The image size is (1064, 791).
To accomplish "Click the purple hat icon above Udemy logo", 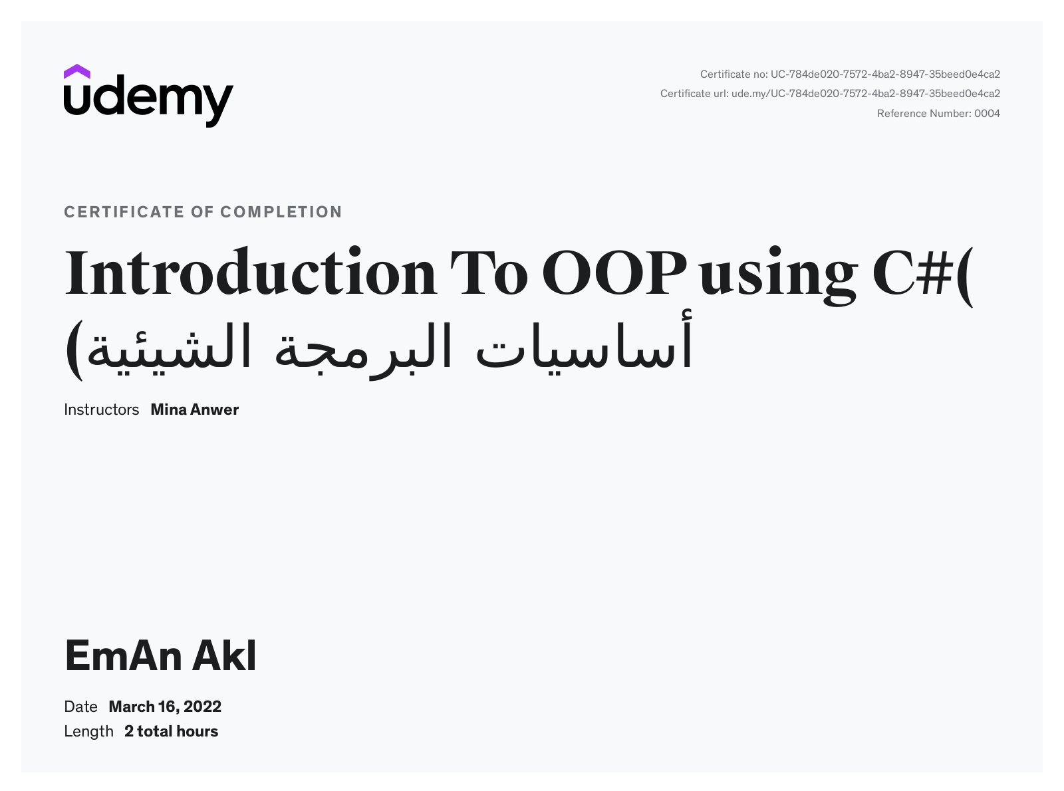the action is (x=76, y=72).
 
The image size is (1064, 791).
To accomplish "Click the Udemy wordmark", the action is (x=148, y=101).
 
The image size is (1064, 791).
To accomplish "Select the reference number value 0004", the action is (x=987, y=114).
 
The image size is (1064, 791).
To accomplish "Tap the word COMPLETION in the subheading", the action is (x=281, y=212).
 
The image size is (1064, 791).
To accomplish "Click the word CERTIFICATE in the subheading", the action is (x=124, y=212).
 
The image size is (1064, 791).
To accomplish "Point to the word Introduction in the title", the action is (x=251, y=272).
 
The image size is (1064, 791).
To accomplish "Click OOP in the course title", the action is (x=614, y=273).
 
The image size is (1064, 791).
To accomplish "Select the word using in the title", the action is (x=778, y=276).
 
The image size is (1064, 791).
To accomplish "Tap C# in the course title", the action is (x=912, y=273).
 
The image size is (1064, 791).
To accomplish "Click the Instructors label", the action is (x=101, y=409).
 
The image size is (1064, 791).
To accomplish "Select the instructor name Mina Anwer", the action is (x=194, y=409).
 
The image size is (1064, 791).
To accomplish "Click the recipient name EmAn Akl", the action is (x=160, y=655).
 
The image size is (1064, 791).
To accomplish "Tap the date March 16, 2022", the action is (x=165, y=707).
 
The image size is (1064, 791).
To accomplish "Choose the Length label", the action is (x=88, y=732).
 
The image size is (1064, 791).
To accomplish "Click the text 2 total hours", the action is (x=172, y=732).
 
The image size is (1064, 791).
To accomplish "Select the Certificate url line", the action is (x=830, y=94).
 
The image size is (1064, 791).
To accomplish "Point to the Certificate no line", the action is (x=850, y=74).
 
